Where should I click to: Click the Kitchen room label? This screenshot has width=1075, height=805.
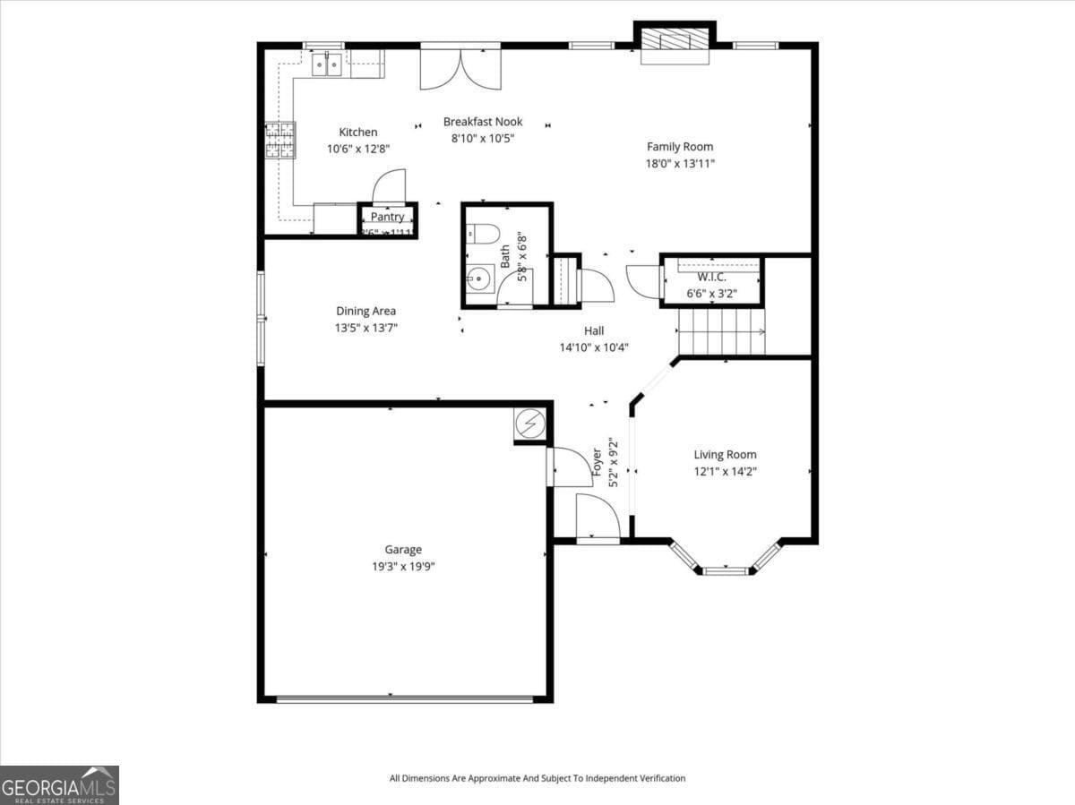pyautogui.click(x=357, y=133)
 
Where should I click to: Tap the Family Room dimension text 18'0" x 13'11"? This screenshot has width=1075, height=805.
pyautogui.click(x=680, y=163)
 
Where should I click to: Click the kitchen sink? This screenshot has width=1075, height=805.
pyautogui.click(x=326, y=63)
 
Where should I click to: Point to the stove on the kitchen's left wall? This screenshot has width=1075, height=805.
pyautogui.click(x=279, y=141)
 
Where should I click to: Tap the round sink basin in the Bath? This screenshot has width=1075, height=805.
pyautogui.click(x=480, y=278)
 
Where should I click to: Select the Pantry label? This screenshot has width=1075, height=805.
pyautogui.click(x=387, y=217)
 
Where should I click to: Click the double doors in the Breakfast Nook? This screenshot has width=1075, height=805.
pyautogui.click(x=460, y=68)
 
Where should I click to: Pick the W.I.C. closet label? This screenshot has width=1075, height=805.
pyautogui.click(x=712, y=277)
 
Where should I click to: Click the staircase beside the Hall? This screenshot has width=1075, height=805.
pyautogui.click(x=721, y=331)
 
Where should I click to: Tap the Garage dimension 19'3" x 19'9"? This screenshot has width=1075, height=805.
pyautogui.click(x=403, y=566)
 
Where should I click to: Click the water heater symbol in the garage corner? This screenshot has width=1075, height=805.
pyautogui.click(x=529, y=422)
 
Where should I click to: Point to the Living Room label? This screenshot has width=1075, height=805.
pyautogui.click(x=725, y=454)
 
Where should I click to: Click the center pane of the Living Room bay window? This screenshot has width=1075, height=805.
pyautogui.click(x=725, y=570)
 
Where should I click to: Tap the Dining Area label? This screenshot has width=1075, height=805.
pyautogui.click(x=365, y=312)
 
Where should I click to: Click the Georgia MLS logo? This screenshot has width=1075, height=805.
pyautogui.click(x=59, y=785)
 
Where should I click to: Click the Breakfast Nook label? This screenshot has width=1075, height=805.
pyautogui.click(x=482, y=122)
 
